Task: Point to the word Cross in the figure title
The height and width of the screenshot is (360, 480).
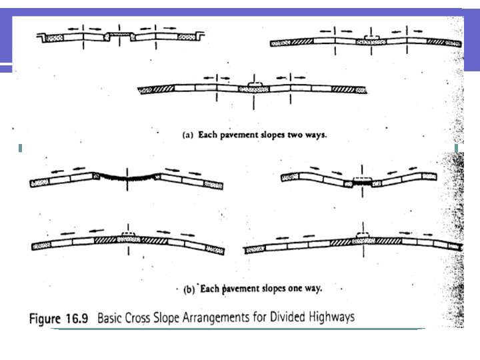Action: (143, 317)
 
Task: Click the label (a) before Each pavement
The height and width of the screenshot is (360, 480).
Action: (189, 135)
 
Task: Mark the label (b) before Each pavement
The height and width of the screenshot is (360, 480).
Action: (189, 289)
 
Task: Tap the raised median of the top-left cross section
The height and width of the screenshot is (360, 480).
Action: (119, 34)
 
